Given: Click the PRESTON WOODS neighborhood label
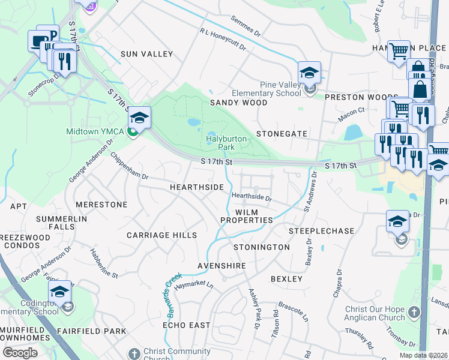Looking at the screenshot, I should coord(361,97).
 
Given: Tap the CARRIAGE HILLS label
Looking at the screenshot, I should coord(161,235).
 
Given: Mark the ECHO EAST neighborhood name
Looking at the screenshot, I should coord(187,325).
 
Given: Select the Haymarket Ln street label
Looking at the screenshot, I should coord(193,284).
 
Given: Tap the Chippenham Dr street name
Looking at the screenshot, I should coord(129,166).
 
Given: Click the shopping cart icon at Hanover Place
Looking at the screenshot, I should coord(399,51).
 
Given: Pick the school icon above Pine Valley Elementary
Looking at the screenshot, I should coord(309,73).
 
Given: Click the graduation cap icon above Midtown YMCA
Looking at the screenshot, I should coord(139,118).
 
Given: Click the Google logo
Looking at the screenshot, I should coord(20,352).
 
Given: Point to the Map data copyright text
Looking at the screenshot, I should coord(423,355).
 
